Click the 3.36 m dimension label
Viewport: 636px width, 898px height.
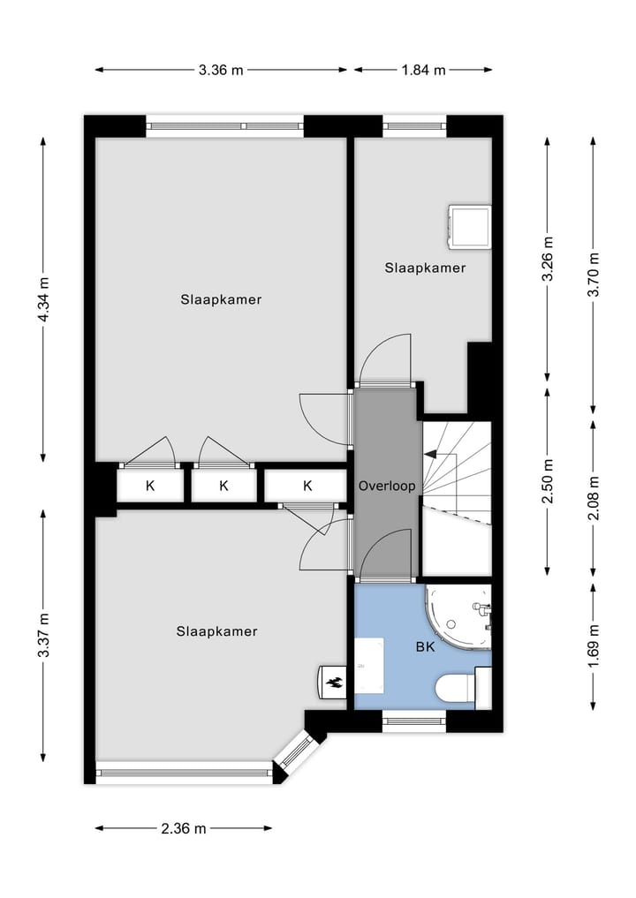(x=221, y=71)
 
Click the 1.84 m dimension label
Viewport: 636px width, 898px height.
(x=424, y=71)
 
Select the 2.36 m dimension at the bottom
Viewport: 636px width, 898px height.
(x=184, y=828)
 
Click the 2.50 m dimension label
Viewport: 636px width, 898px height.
(x=549, y=481)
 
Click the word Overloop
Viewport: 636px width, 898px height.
(x=386, y=486)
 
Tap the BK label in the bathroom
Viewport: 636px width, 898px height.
(x=425, y=646)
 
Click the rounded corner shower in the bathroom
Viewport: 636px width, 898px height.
(x=460, y=617)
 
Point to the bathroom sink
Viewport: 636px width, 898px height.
(x=369, y=665)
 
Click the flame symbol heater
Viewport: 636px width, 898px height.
(x=333, y=681)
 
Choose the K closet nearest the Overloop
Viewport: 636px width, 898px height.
(x=307, y=486)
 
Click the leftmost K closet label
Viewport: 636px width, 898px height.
(x=150, y=486)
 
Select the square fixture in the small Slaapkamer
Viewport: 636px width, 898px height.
(x=469, y=228)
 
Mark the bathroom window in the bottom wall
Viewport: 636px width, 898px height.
(x=414, y=721)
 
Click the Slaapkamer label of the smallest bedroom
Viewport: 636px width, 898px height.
(x=424, y=268)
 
